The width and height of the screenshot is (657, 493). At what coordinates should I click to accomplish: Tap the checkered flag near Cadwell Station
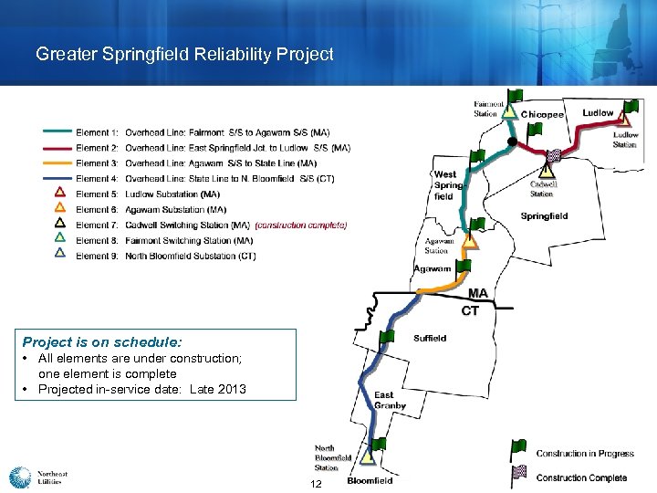click(553, 158)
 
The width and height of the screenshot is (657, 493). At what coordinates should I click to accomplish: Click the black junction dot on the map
click(512, 142)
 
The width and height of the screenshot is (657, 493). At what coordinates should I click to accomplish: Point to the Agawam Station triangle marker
click(469, 243)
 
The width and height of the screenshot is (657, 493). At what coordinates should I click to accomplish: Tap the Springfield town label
click(544, 216)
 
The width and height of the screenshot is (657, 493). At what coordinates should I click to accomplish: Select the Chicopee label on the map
click(542, 114)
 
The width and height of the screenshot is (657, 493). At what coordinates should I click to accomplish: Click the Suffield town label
click(430, 338)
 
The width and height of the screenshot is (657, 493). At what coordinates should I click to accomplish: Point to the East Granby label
click(390, 401)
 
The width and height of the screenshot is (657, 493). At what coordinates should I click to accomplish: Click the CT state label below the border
click(470, 310)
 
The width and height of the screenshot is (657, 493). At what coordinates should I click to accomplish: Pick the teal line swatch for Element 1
click(57, 132)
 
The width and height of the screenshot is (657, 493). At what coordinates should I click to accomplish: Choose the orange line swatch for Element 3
click(57, 163)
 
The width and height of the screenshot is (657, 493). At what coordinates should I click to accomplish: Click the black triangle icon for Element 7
click(60, 223)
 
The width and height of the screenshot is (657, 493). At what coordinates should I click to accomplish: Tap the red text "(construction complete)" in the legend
click(301, 225)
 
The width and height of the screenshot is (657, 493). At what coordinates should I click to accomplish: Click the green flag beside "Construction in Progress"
click(518, 448)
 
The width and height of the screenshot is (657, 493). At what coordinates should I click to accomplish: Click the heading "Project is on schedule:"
click(102, 342)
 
